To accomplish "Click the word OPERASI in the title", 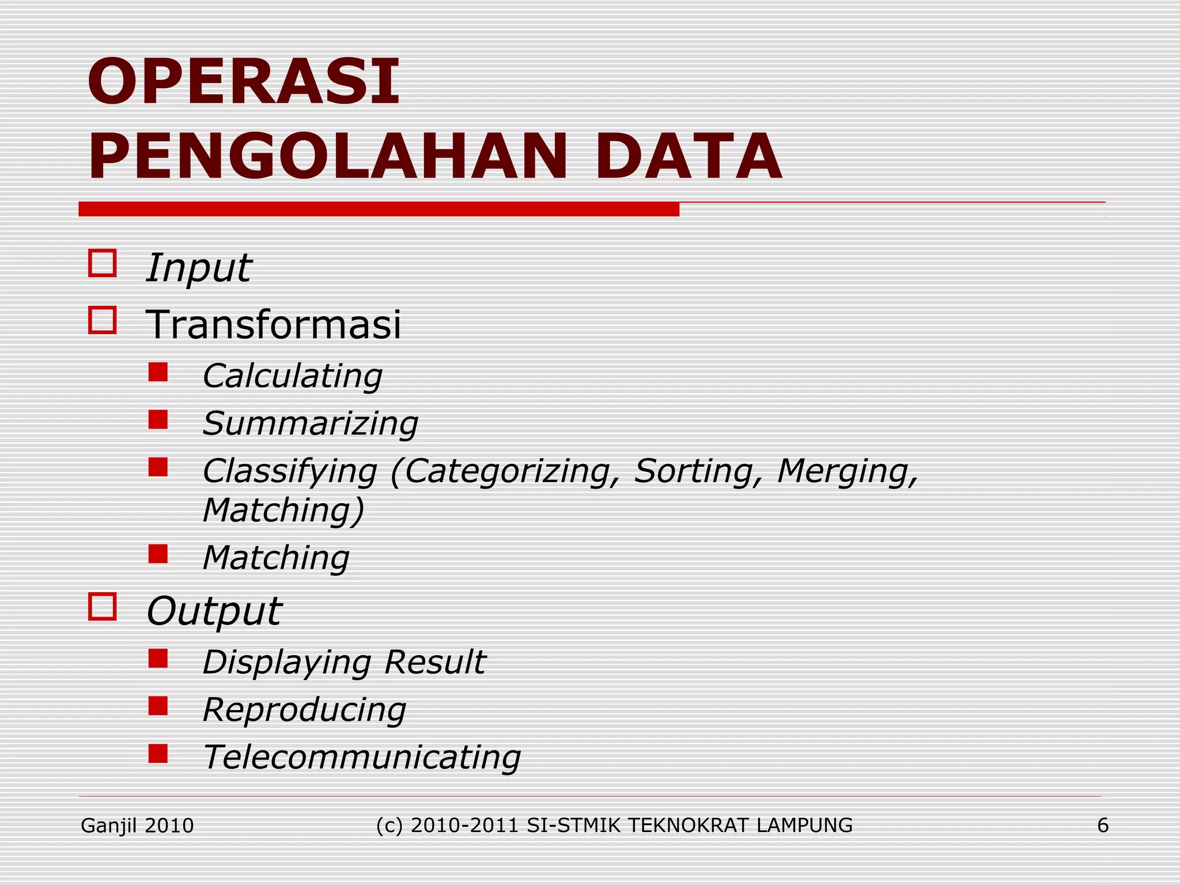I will point(243,82).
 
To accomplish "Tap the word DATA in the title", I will point(688,157).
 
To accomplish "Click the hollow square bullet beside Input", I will point(103,263).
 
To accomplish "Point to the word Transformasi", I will point(273,324).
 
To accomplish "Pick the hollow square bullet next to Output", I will point(103,607).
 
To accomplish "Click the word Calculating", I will point(293,376).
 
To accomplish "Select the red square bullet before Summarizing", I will point(158,420).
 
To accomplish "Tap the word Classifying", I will point(290,472).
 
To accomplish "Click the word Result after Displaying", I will point(435,662).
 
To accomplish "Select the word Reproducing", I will point(305,710).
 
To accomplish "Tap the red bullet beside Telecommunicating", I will point(158,754).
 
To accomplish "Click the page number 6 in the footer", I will point(1103,826).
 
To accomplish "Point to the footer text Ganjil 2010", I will point(137,826).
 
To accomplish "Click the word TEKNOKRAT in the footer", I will point(689,826).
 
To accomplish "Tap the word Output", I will point(214,611).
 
